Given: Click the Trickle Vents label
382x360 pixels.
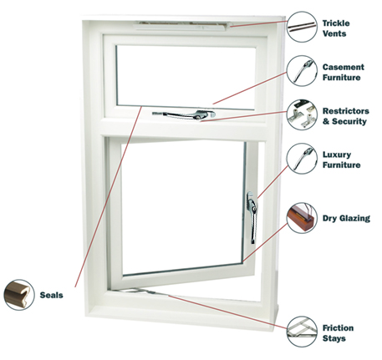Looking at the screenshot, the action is click(336, 28).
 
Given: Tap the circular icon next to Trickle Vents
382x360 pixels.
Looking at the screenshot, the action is click(302, 27).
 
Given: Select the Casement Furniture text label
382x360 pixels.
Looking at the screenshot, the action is click(344, 72).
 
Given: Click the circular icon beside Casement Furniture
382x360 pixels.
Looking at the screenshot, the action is click(302, 71).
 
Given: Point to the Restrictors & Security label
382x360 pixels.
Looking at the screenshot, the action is click(346, 116).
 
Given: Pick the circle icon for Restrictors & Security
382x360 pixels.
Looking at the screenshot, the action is click(302, 114).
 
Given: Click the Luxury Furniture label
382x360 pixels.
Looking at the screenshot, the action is click(342, 160).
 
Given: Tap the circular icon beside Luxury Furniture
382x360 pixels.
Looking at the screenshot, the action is click(302, 159).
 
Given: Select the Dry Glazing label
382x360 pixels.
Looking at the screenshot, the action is click(346, 218).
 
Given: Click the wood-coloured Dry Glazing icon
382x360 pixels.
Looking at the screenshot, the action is click(302, 218).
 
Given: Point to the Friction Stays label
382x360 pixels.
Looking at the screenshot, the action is click(338, 333).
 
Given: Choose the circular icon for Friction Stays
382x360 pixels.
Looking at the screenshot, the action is click(302, 332).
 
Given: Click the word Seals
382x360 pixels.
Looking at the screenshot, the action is click(51, 295).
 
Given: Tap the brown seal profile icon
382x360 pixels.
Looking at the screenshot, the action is click(19, 295).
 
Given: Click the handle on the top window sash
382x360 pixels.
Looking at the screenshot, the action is click(184, 114).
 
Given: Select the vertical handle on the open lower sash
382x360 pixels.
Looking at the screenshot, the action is click(252, 217).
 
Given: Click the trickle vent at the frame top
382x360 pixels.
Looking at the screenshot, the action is click(182, 26).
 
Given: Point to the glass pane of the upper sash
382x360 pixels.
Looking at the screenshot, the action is click(186, 77).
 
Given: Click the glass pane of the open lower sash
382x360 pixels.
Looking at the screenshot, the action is click(182, 207).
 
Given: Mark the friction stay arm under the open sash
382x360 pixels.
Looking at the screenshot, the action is click(140, 292).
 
